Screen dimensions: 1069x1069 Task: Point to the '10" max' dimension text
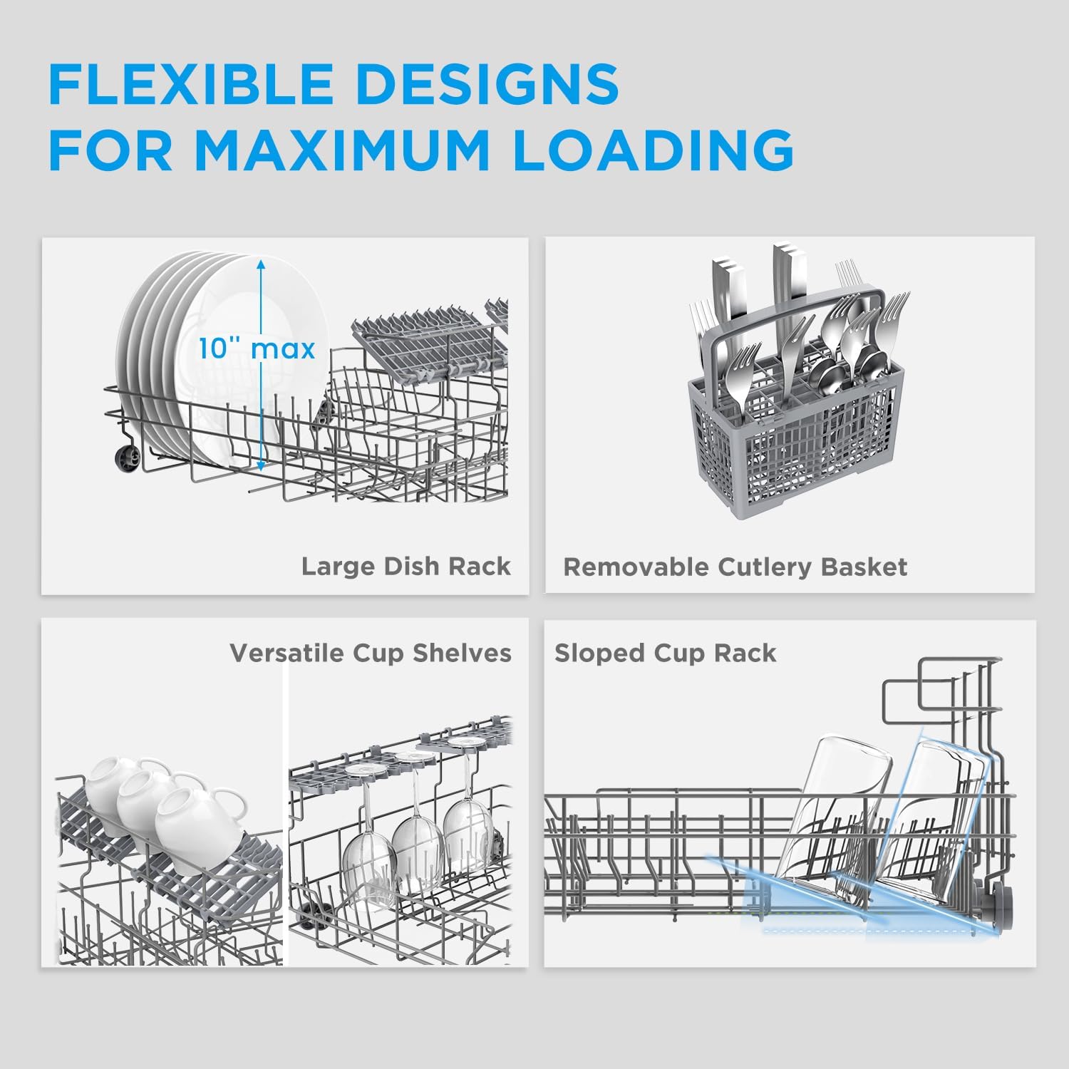(x=257, y=349)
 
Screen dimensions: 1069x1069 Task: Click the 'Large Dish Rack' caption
(x=406, y=566)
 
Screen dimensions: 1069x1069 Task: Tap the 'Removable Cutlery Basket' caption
(x=735, y=567)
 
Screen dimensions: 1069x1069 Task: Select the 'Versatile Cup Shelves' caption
(x=370, y=653)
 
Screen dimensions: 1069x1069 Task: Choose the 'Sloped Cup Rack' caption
(x=665, y=653)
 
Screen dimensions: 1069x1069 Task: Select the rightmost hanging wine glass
(x=467, y=830)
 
